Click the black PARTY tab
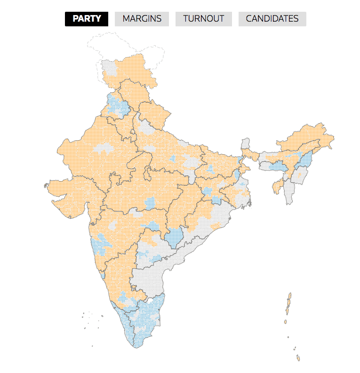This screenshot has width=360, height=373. pyautogui.click(x=87, y=19)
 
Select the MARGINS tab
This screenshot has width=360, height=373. pyautogui.click(x=142, y=19)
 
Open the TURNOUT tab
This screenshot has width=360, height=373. pyautogui.click(x=203, y=19)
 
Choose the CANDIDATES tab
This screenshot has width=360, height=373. pyautogui.click(x=272, y=19)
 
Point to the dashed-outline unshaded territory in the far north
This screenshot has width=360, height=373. pyautogui.click(x=127, y=45)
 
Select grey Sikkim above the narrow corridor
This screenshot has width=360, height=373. pyautogui.click(x=245, y=143)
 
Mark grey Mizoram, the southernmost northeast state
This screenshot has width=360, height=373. pyautogui.click(x=290, y=193)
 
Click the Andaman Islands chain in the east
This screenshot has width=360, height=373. pyautogui.click(x=288, y=306)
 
